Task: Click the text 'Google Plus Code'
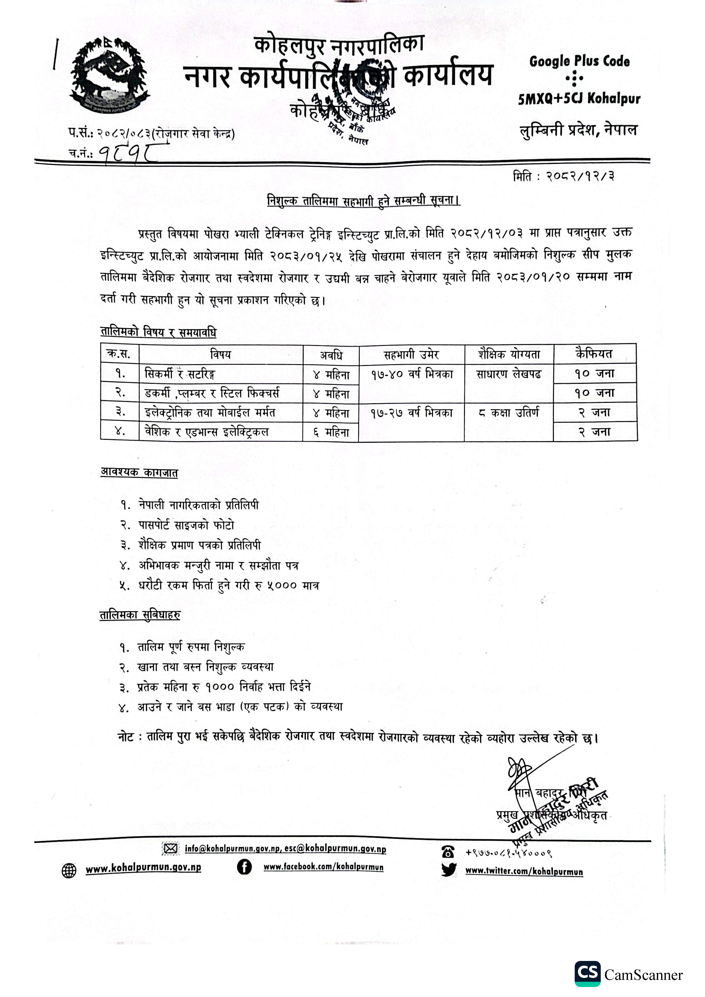tap(579, 61)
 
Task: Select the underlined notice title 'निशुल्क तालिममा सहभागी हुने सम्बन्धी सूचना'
tap(363, 201)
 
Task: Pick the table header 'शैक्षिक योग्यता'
tap(509, 354)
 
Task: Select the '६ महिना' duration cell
tap(331, 433)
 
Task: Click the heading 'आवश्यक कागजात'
tap(139, 472)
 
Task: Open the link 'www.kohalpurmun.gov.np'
tap(143, 868)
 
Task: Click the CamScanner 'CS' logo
tap(587, 973)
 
